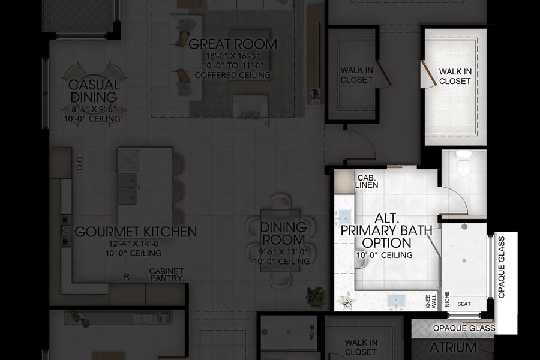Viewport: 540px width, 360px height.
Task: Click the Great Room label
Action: pyautogui.click(x=233, y=44)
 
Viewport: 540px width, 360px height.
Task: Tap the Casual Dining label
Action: pyautogui.click(x=93, y=91)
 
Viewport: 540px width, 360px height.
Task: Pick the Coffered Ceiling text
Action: pyautogui.click(x=233, y=75)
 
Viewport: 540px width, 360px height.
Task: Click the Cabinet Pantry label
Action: pyautogui.click(x=166, y=275)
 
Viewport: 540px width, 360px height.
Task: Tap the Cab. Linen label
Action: pyautogui.click(x=367, y=181)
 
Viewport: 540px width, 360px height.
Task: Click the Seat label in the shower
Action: pyautogui.click(x=464, y=304)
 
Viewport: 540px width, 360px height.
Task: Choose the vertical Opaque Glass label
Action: pyautogui.click(x=502, y=266)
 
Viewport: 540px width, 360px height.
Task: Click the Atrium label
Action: pyautogui.click(x=453, y=348)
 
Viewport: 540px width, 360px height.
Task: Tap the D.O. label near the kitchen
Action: pyautogui.click(x=79, y=163)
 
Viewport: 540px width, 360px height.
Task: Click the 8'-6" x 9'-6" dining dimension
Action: pyautogui.click(x=93, y=110)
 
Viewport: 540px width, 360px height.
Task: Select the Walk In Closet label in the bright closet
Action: pyautogui.click(x=455, y=76)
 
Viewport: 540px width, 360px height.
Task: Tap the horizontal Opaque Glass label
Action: pyautogui.click(x=464, y=328)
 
